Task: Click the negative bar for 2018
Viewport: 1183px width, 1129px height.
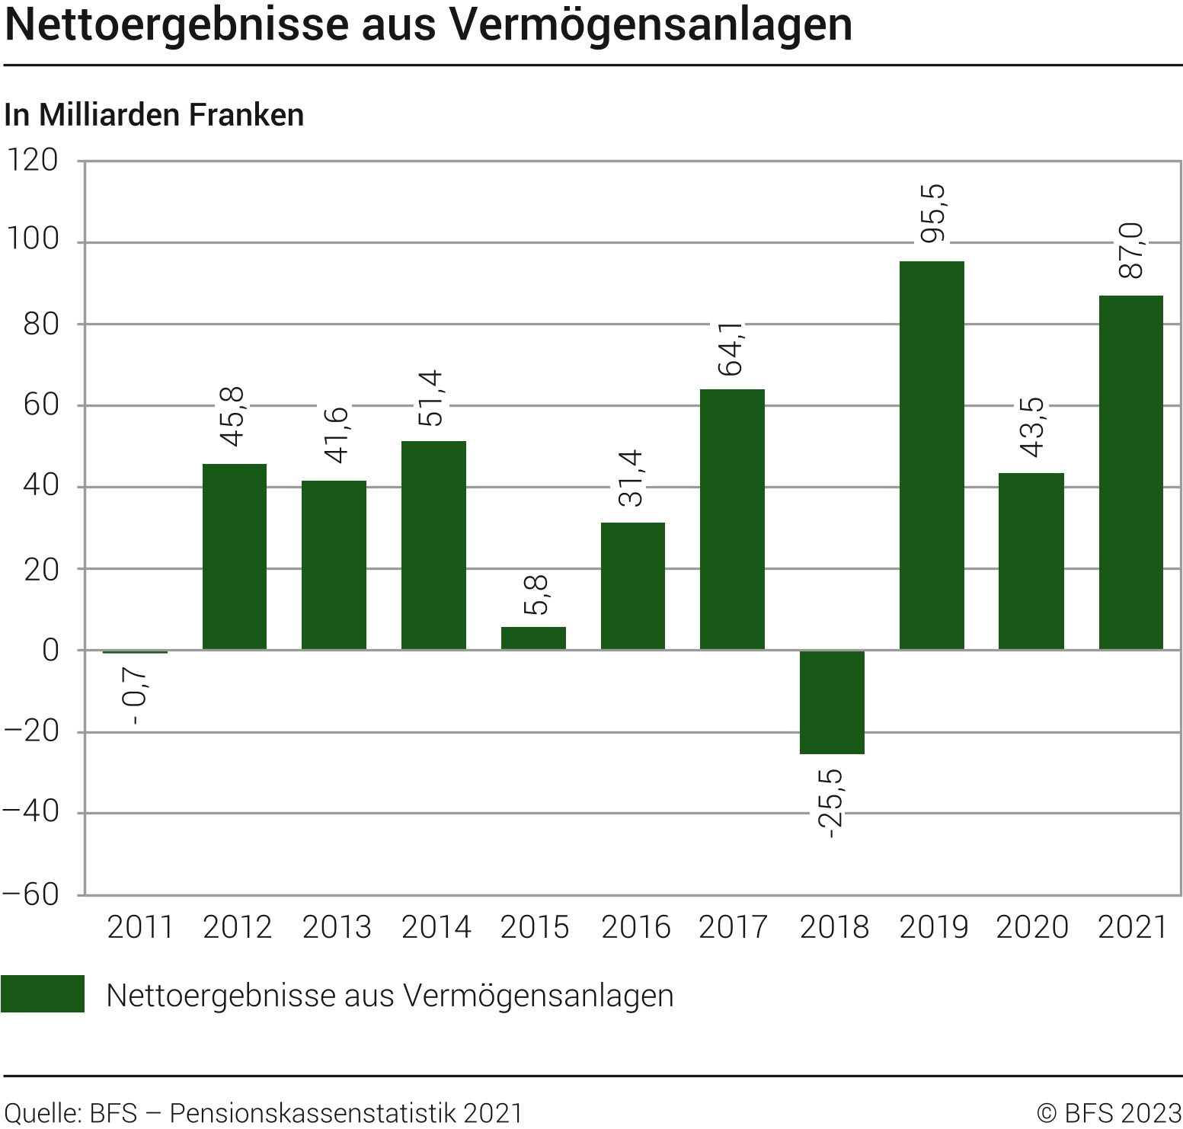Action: [832, 702]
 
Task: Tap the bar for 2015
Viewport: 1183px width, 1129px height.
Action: [533, 638]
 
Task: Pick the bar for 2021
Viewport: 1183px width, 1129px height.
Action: [1130, 472]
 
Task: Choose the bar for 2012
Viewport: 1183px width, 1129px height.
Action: [235, 556]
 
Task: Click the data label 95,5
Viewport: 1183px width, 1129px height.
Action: [932, 214]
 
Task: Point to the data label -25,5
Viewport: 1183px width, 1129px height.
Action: [831, 804]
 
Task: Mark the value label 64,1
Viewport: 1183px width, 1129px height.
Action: [732, 349]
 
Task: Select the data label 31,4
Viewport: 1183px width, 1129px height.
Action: [631, 478]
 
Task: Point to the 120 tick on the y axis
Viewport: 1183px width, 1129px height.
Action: [32, 161]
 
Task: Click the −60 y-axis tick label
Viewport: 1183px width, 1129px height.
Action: [30, 894]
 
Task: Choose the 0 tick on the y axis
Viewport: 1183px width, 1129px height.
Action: [50, 651]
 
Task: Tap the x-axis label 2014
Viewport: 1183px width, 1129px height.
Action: [436, 927]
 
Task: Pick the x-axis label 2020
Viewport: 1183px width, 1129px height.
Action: [1032, 927]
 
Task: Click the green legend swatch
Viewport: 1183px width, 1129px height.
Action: [43, 994]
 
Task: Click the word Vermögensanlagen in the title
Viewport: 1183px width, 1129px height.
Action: [651, 24]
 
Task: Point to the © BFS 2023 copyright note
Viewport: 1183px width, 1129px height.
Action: [1109, 1113]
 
